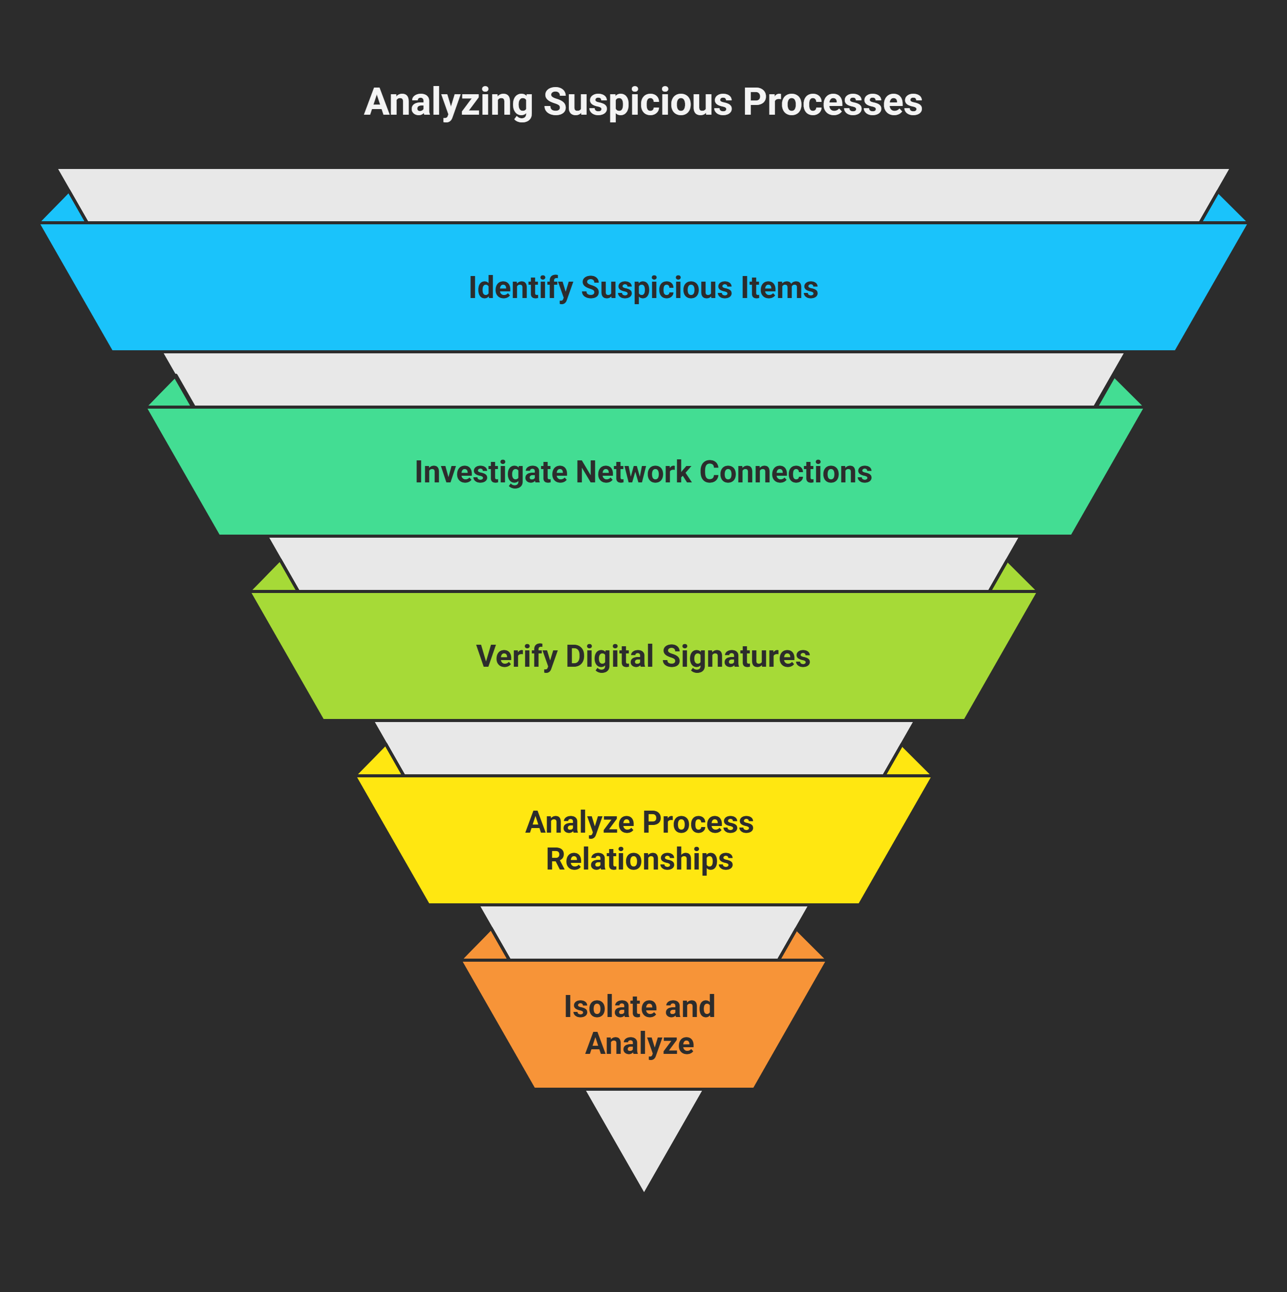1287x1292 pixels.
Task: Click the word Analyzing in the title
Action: (448, 103)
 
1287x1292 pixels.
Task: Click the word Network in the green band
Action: (633, 472)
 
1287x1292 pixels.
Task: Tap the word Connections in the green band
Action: (786, 472)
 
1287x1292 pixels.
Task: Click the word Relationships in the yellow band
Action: (639, 859)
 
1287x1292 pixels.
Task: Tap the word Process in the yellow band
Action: (697, 822)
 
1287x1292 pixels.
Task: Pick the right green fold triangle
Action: (1121, 396)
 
